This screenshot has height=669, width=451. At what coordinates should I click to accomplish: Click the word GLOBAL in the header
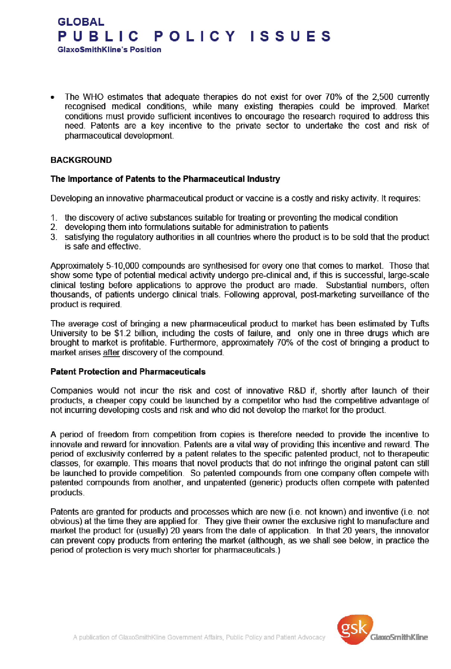click(81, 22)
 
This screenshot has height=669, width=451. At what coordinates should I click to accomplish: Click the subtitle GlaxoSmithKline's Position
click(109, 50)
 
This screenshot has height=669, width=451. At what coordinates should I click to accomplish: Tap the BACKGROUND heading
click(81, 160)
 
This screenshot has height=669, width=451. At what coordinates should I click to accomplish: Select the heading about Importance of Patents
click(165, 179)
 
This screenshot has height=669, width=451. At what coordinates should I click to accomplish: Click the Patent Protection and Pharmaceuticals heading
click(128, 372)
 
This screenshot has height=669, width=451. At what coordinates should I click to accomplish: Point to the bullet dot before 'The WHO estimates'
click(53, 98)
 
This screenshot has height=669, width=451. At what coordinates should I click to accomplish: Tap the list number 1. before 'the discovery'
click(54, 218)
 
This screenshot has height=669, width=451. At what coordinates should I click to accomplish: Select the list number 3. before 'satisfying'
click(54, 237)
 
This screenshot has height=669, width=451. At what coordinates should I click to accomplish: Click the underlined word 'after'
click(111, 352)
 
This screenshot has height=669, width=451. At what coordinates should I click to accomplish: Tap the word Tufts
click(419, 324)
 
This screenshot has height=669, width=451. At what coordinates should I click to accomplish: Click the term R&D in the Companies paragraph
click(297, 391)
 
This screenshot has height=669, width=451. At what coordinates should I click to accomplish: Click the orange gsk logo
click(354, 629)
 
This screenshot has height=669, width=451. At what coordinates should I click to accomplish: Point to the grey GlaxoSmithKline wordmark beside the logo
click(399, 637)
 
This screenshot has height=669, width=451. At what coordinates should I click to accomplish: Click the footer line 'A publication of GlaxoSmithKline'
click(199, 637)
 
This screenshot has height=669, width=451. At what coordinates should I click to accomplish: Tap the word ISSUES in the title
click(290, 36)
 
